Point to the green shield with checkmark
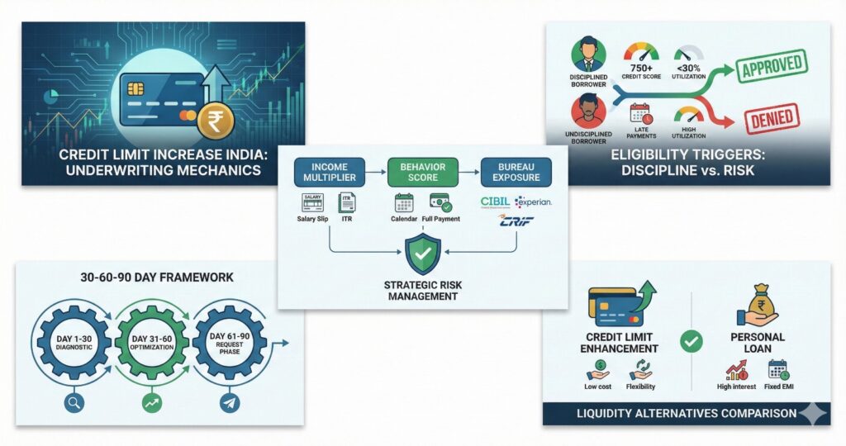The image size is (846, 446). pos(423,255)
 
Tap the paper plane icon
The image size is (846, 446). pos(231,404)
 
